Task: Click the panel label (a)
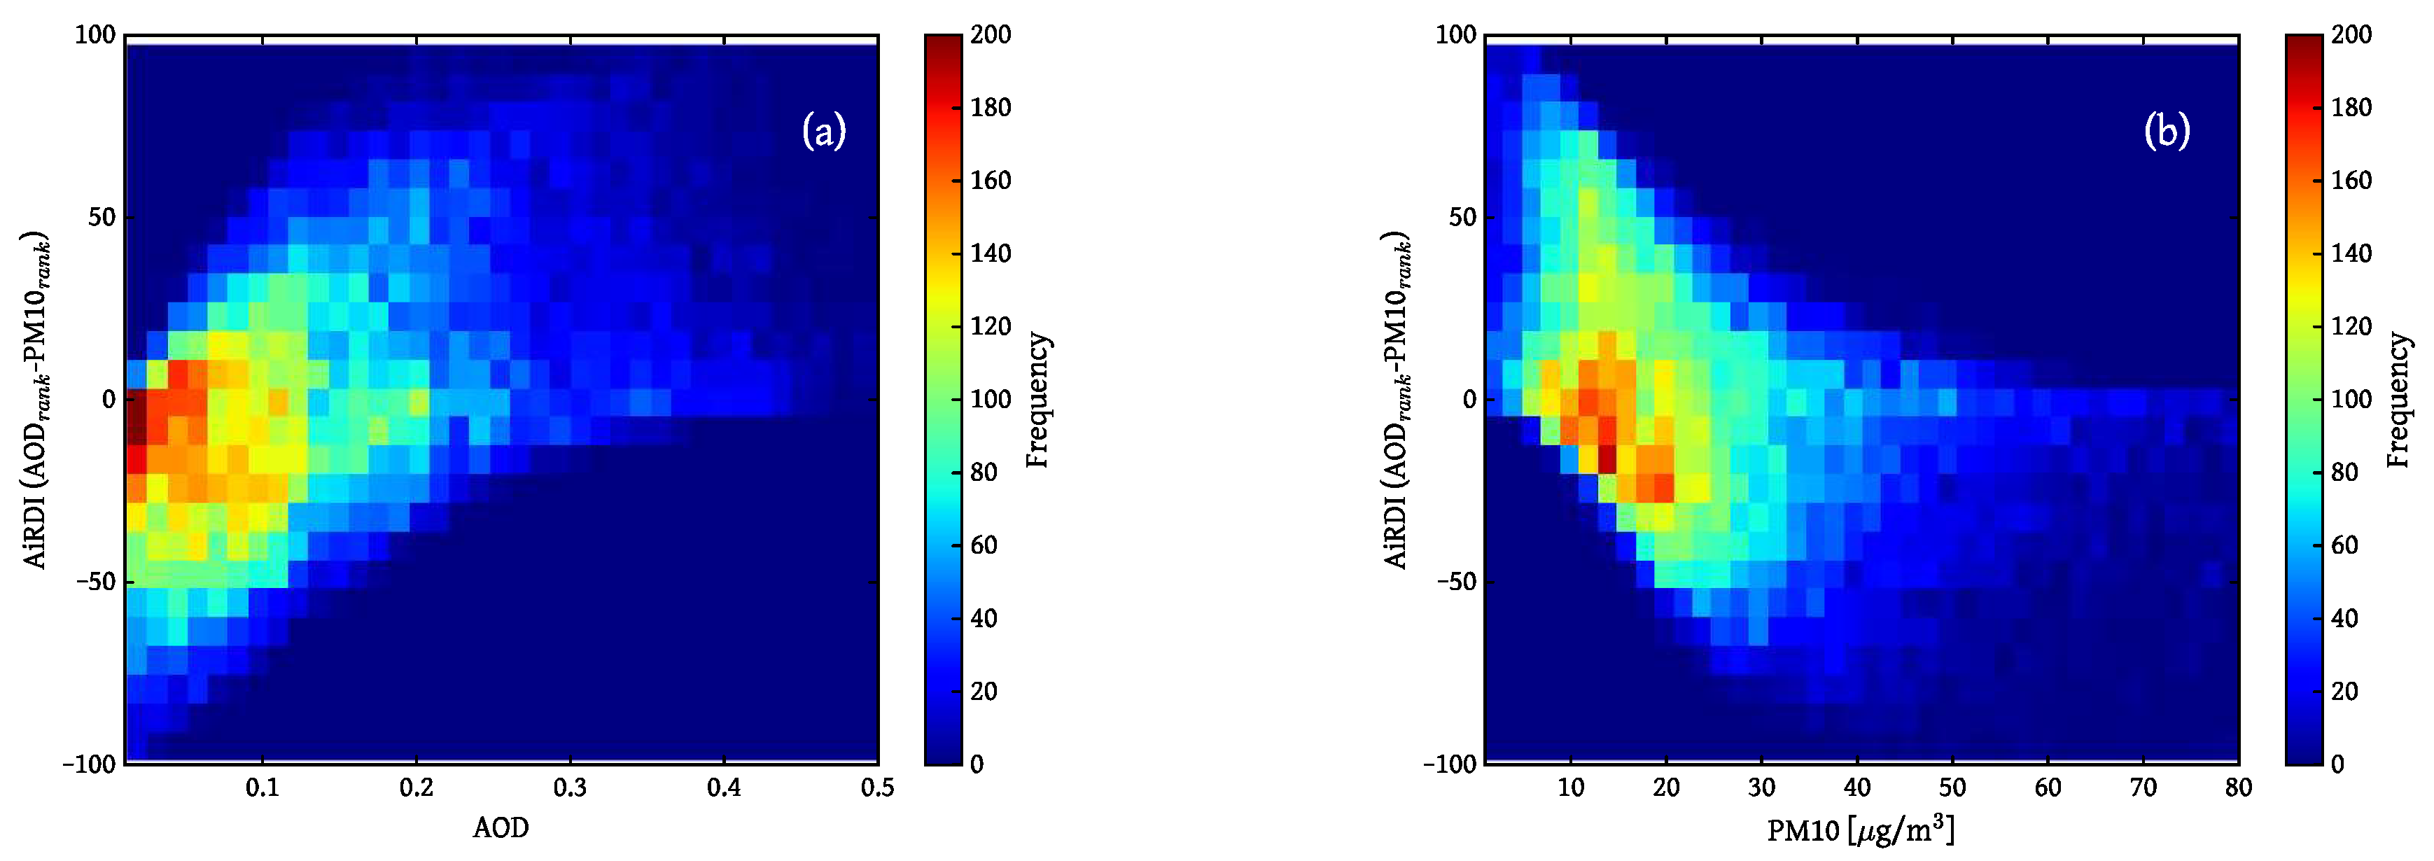pos(823,130)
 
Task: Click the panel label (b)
pos(2166,130)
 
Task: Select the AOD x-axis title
pos(501,828)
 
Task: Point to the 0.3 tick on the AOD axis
pos(570,787)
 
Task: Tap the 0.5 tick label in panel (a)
pos(877,787)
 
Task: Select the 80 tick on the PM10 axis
pos(2237,787)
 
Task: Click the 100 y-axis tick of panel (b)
pos(1455,35)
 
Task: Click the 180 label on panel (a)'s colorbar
pos(991,108)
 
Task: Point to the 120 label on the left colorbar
pos(991,327)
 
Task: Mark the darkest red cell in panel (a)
pos(137,416)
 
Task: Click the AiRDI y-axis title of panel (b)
pos(1397,399)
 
